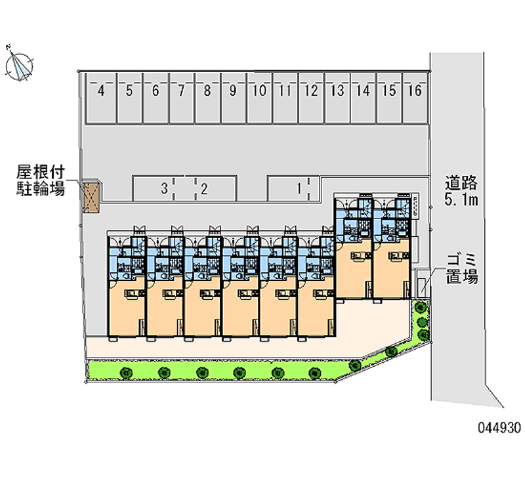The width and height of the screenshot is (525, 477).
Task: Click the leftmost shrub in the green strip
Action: [x=124, y=373]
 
